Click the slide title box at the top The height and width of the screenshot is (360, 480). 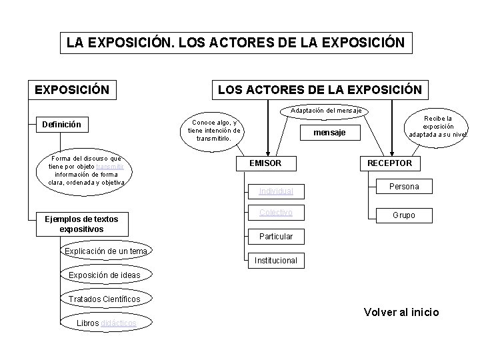pos(235,43)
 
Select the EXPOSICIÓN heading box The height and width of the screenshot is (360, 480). pos(72,89)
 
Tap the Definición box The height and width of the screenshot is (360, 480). pos(61,124)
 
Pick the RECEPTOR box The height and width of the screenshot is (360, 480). pos(389,163)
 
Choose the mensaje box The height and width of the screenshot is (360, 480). pos(330,133)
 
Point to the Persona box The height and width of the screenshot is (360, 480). pos(403,187)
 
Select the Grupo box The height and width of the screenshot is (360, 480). pos(403,215)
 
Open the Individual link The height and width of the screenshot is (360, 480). pos(276,191)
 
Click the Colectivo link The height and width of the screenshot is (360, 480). pos(276,213)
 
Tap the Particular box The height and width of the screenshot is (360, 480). pos(276,237)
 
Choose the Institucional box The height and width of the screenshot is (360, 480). pos(276,261)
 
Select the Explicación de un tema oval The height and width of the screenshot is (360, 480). pos(106,251)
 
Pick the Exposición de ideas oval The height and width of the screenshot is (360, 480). pos(105,275)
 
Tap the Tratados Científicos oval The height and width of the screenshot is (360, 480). pos(105,299)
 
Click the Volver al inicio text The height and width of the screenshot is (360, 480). pos(401,312)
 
